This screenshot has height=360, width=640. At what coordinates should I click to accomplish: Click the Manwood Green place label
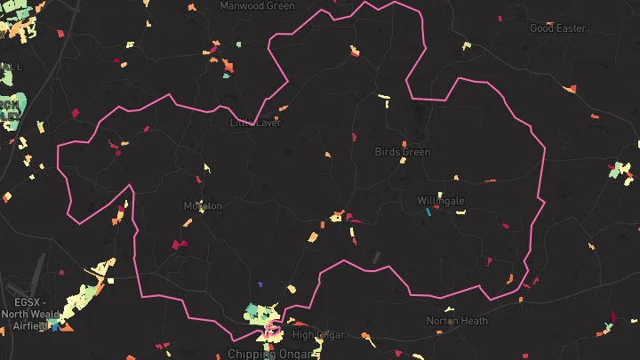(257, 6)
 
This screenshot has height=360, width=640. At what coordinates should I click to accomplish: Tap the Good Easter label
(558, 28)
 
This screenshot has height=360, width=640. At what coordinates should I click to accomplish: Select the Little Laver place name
(256, 123)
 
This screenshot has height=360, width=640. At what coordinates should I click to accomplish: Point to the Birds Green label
(403, 152)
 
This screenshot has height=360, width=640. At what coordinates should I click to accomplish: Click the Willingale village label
(441, 201)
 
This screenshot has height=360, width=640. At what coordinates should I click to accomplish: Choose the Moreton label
(203, 205)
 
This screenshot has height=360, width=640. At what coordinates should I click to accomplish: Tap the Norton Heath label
(457, 320)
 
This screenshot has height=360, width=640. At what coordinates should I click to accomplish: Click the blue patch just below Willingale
(429, 212)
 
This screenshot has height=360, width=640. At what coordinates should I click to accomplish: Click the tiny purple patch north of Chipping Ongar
(260, 284)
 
